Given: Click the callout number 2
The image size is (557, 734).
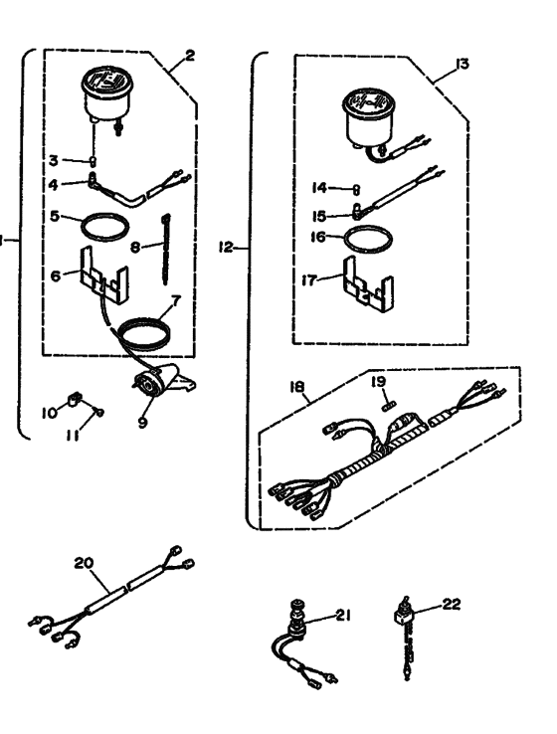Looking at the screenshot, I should (190, 56).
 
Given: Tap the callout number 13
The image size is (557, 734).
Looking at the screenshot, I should (461, 66).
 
